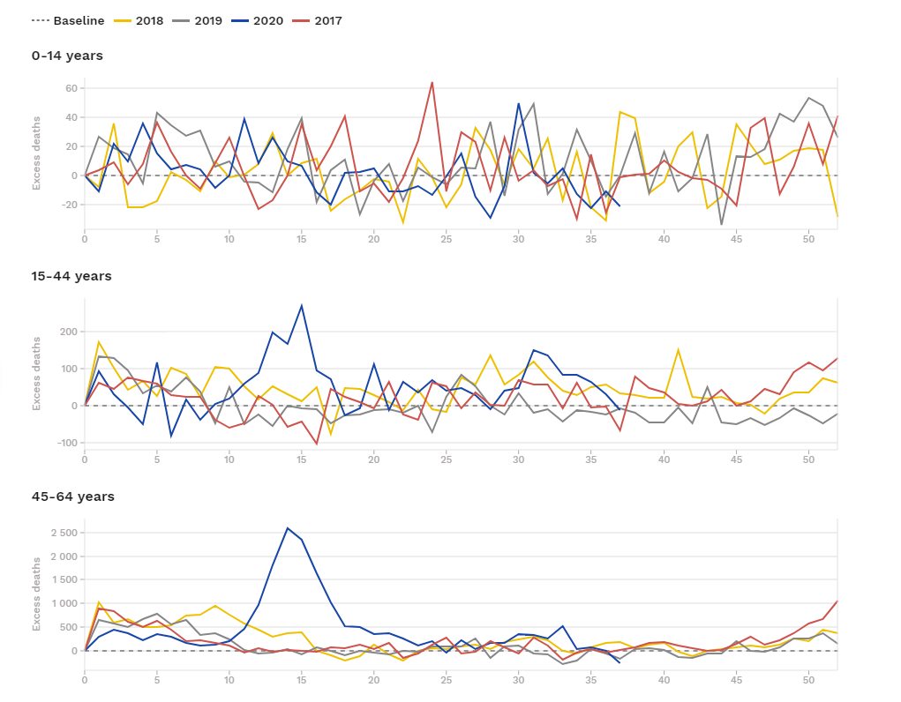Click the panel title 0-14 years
(67, 56)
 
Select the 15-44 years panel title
(71, 276)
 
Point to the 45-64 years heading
(72, 497)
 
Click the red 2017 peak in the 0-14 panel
(432, 82)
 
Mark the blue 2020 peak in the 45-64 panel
(288, 528)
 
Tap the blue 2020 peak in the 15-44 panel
(302, 305)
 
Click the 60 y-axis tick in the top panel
(70, 89)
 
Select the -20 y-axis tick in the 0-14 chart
(67, 205)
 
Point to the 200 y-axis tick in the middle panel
(67, 332)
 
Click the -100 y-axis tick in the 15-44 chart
(64, 443)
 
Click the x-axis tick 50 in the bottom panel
(807, 679)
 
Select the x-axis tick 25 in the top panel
(447, 238)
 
